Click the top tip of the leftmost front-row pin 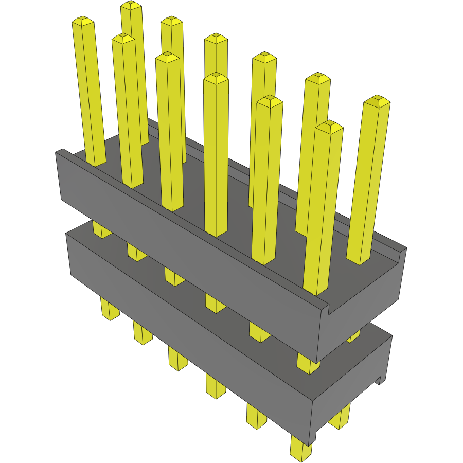coord(83,21)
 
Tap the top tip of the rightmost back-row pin coord(377,100)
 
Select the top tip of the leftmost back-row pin coord(131,5)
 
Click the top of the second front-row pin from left coord(123,38)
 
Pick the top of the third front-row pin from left coord(167,57)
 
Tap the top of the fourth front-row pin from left coord(216,77)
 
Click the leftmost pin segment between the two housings coord(101,229)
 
